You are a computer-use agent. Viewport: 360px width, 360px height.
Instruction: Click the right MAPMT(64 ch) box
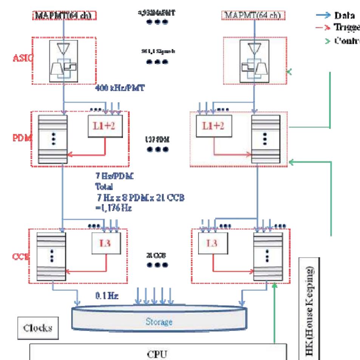[253, 15]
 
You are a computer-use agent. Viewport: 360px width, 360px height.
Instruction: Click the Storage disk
[159, 321]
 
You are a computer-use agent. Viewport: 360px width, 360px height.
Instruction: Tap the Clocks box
[37, 328]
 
